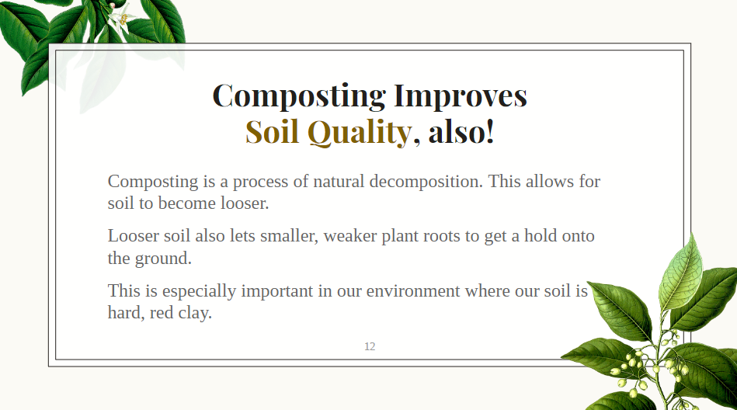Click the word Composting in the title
click(299, 96)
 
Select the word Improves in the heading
click(461, 96)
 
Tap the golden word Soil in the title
click(272, 131)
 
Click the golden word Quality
click(360, 133)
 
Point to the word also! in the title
click(461, 131)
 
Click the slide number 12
click(370, 346)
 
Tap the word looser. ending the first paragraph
click(245, 203)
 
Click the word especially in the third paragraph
click(199, 291)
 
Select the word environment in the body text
click(412, 291)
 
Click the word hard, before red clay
click(126, 313)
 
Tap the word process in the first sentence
click(260, 182)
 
